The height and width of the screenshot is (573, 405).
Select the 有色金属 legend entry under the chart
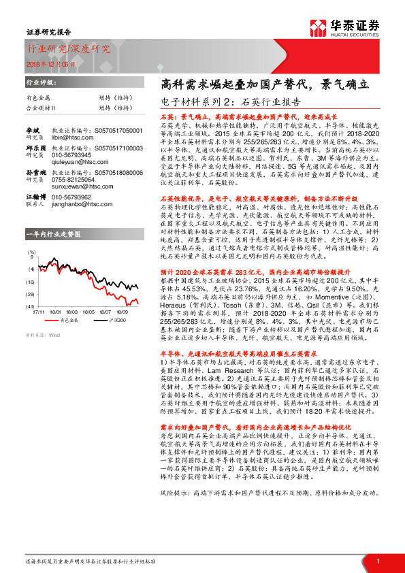point(67,299)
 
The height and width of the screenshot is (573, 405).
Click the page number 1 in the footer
point(377,561)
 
